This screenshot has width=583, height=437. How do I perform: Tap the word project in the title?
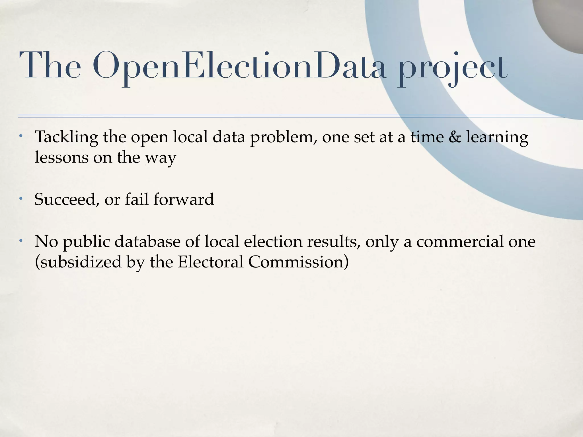coord(452,68)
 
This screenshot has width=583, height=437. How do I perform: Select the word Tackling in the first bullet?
coord(66,137)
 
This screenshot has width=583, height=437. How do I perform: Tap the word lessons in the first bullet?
coord(61,157)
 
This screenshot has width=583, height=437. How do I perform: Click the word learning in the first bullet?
coord(497,137)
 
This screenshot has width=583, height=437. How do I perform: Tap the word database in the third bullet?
coord(147,242)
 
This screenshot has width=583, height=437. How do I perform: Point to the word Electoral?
coord(211,262)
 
